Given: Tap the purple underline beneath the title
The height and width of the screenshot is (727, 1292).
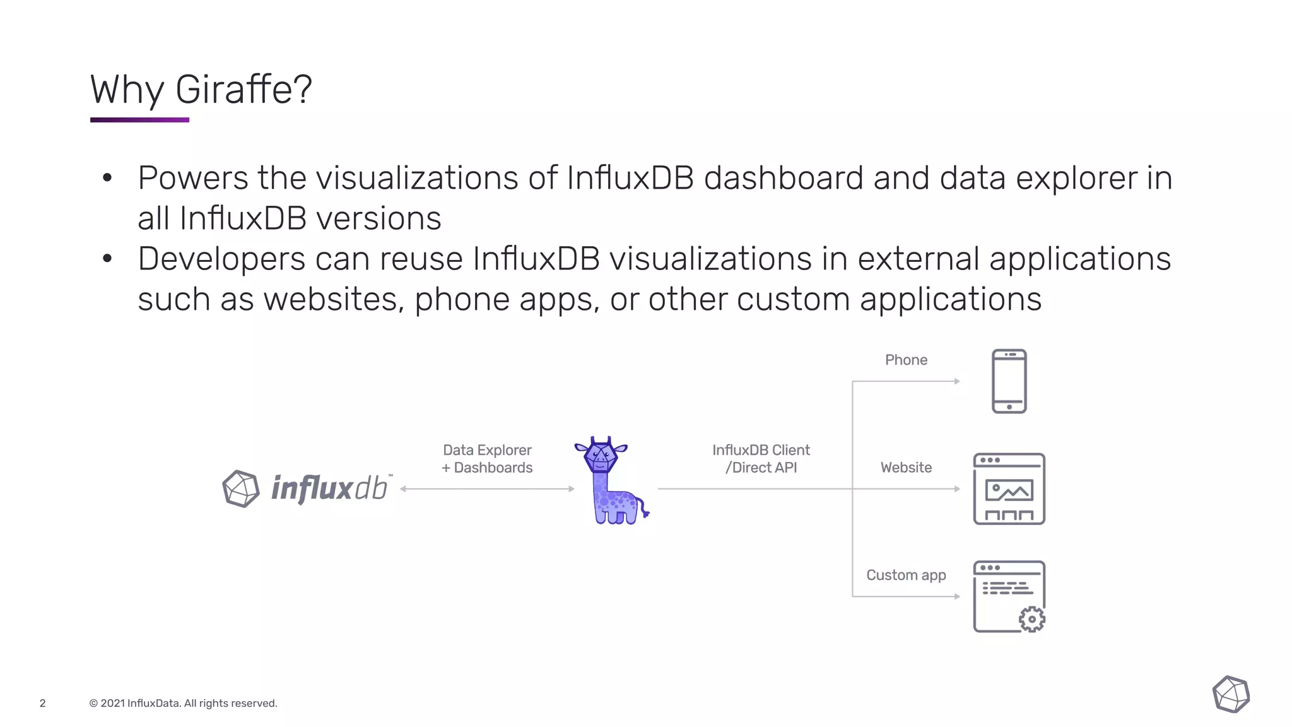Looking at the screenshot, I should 139,119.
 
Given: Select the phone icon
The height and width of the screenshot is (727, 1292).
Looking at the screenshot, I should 1009,381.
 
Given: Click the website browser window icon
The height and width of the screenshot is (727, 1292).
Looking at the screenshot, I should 1009,488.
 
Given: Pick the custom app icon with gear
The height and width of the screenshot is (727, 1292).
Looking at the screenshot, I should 1009,596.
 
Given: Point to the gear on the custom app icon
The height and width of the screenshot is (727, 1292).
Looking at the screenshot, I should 1032,619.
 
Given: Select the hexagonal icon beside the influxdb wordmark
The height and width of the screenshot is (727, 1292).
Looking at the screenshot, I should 241,488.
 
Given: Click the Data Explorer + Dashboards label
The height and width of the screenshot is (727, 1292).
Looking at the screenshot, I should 487,459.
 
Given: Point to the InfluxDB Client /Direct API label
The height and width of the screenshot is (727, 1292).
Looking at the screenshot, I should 761,459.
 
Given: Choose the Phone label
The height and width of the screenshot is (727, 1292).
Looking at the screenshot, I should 906,360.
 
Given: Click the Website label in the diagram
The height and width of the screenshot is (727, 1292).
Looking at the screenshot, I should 906,468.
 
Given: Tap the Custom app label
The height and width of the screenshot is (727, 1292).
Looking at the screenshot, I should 906,575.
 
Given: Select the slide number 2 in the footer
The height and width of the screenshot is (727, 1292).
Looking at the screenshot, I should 43,703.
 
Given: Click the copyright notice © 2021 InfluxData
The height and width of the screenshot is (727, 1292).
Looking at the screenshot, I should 183,703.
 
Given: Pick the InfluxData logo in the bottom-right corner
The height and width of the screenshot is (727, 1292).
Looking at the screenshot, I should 1231,694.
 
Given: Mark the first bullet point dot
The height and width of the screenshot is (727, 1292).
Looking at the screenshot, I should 107,178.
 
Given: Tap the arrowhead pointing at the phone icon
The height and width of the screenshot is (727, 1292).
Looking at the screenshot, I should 957,381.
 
